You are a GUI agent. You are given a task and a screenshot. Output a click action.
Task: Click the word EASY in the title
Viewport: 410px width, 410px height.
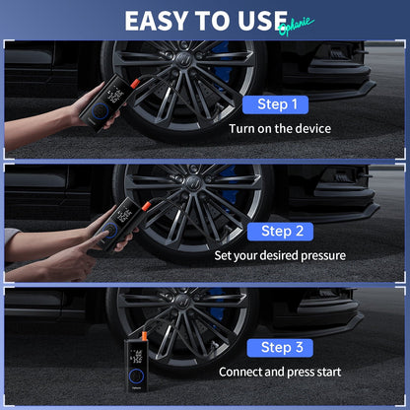(161, 20)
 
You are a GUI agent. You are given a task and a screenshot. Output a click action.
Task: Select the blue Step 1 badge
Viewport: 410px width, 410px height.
(277, 104)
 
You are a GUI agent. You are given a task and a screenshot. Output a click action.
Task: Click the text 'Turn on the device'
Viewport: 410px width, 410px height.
(280, 129)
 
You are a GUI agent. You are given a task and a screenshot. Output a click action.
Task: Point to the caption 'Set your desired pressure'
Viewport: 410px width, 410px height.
(280, 255)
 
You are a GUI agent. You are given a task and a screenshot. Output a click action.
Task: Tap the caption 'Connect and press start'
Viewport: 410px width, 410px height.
(280, 372)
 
